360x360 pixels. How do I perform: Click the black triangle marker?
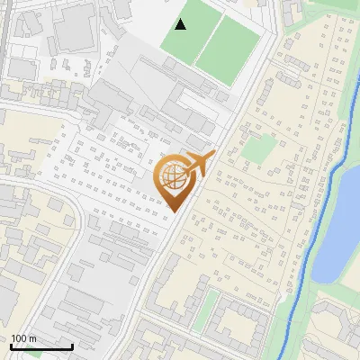click(181, 24)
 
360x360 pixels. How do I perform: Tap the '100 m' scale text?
click(23, 338)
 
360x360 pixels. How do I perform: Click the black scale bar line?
click(41, 346)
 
